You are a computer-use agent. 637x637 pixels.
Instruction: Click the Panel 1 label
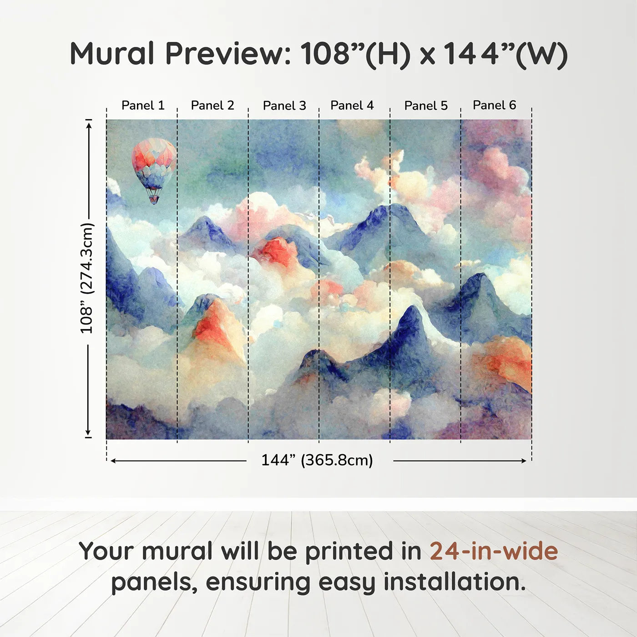(x=143, y=106)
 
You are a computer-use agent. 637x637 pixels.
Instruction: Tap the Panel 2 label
(x=212, y=106)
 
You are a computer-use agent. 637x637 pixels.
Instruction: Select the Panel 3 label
(x=285, y=106)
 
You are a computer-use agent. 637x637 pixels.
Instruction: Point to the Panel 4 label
(x=352, y=106)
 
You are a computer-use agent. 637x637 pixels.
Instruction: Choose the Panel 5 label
(x=426, y=106)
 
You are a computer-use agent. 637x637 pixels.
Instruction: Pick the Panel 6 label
(x=495, y=105)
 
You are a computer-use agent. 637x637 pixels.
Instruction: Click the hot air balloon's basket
(x=154, y=199)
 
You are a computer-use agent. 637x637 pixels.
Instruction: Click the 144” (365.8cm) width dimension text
(x=317, y=460)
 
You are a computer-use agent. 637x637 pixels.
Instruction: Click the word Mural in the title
(x=112, y=54)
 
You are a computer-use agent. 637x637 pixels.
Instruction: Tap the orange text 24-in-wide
(x=494, y=551)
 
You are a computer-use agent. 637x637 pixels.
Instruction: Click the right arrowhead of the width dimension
(x=523, y=461)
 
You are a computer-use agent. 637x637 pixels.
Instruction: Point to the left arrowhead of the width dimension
(x=113, y=461)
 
